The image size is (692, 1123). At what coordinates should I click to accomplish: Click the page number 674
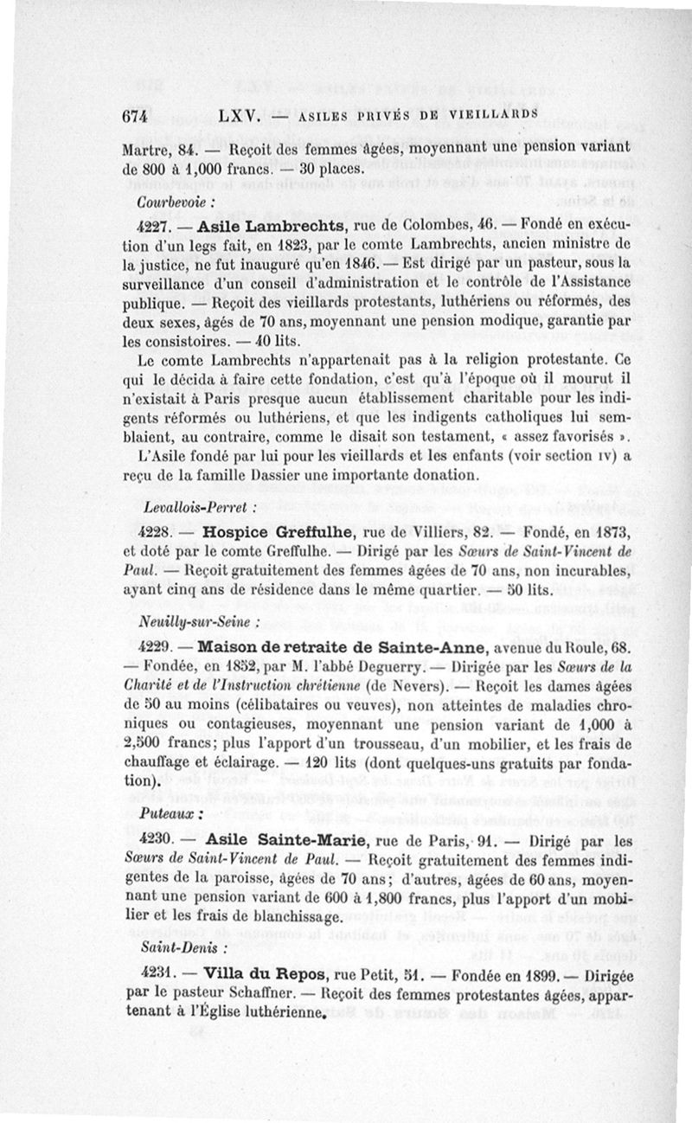pos(137,115)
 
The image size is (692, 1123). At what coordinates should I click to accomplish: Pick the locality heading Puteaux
pos(164,815)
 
